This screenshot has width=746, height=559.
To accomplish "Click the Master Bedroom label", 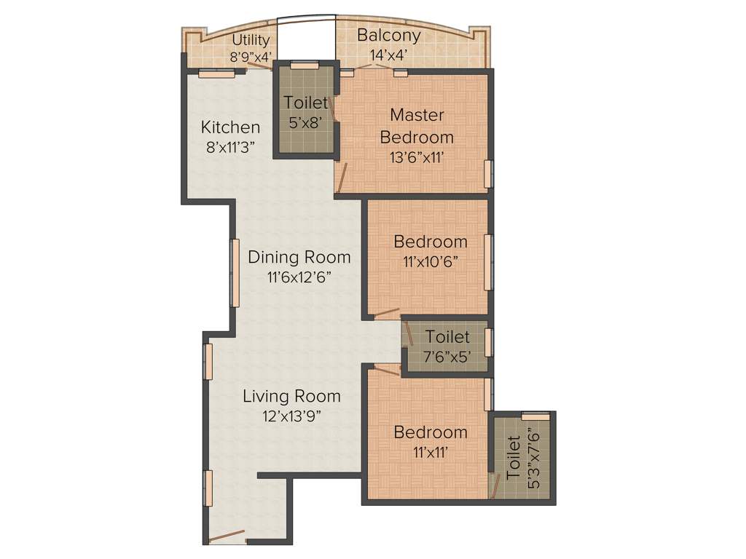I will tap(417, 125).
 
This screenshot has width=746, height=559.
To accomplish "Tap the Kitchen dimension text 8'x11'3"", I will tap(230, 146).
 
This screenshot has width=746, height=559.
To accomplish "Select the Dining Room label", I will tap(299, 257).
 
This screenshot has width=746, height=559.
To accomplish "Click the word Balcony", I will tap(388, 35).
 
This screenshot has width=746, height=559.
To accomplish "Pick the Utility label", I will tap(251, 40).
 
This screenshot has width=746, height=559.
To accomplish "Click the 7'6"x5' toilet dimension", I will tap(447, 357).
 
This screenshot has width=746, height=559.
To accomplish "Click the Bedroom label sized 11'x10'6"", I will tap(431, 242).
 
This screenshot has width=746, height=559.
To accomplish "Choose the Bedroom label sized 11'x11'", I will tap(431, 432).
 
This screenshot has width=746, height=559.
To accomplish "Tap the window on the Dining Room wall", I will tap(235, 273).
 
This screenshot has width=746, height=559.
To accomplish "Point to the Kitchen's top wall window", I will tap(216, 72).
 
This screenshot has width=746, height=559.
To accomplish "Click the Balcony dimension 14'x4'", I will tap(388, 54).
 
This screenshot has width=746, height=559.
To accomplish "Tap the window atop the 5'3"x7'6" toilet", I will tap(535, 416).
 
